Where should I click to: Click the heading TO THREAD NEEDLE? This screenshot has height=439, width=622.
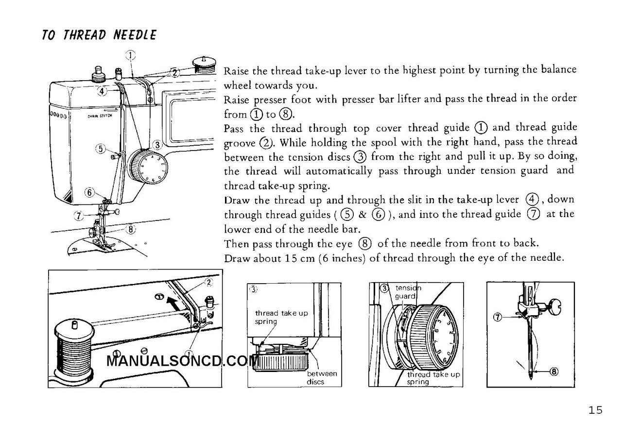pyautogui.click(x=99, y=35)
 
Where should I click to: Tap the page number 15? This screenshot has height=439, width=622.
pyautogui.click(x=595, y=410)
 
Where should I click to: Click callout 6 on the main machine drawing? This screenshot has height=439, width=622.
pyautogui.click(x=89, y=192)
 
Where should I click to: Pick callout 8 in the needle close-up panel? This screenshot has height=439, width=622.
pyautogui.click(x=553, y=372)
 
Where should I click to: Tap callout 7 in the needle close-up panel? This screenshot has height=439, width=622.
pyautogui.click(x=497, y=318)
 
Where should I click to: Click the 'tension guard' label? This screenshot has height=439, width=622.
pyautogui.click(x=407, y=292)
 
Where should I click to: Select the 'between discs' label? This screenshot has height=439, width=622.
pyautogui.click(x=322, y=378)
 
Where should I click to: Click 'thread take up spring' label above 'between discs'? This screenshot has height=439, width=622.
pyautogui.click(x=281, y=317)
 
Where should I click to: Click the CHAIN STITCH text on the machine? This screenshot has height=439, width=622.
pyautogui.click(x=100, y=116)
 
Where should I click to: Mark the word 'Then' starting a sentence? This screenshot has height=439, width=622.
pyautogui.click(x=235, y=243)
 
